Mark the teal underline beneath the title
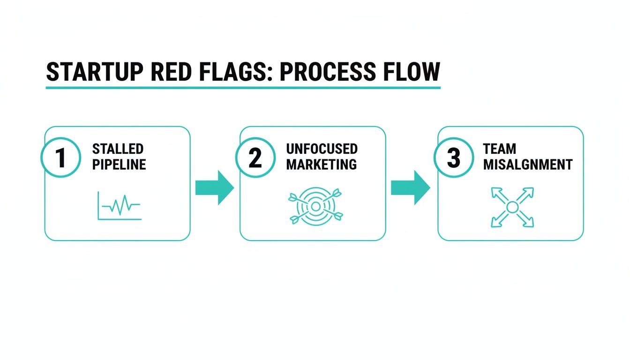click(x=243, y=88)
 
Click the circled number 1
click(x=61, y=158)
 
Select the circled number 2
click(x=255, y=158)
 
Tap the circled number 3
click(x=453, y=158)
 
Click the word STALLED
click(x=118, y=150)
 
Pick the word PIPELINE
click(x=119, y=165)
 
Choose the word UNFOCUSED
click(x=322, y=150)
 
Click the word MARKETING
click(x=321, y=165)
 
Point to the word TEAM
click(x=499, y=150)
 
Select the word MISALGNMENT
click(x=527, y=165)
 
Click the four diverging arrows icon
click(x=512, y=207)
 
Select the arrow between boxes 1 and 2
click(x=214, y=187)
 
